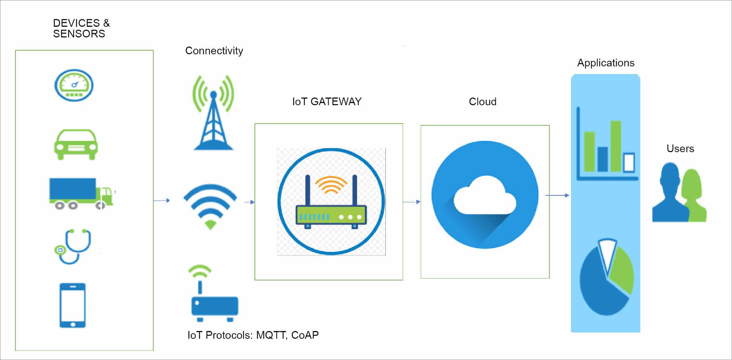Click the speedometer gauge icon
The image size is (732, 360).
[x=74, y=85]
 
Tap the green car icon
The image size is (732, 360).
[x=76, y=144]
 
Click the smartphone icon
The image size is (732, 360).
[x=73, y=305]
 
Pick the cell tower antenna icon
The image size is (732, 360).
[x=213, y=113]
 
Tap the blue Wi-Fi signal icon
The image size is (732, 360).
[x=210, y=206]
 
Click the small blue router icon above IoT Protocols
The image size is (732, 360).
[x=214, y=293]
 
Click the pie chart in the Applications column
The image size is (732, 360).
[x=607, y=277]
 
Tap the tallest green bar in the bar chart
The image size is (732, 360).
[x=616, y=146]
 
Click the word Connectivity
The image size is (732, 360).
[x=214, y=51]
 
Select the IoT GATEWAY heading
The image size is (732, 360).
[x=327, y=102]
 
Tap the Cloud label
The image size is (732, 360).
[x=483, y=102]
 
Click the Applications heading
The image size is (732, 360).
[x=606, y=63]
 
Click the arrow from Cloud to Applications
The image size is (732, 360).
[x=557, y=195]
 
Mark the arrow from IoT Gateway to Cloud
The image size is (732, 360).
[x=412, y=202]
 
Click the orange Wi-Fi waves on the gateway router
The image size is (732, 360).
[x=331, y=185]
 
